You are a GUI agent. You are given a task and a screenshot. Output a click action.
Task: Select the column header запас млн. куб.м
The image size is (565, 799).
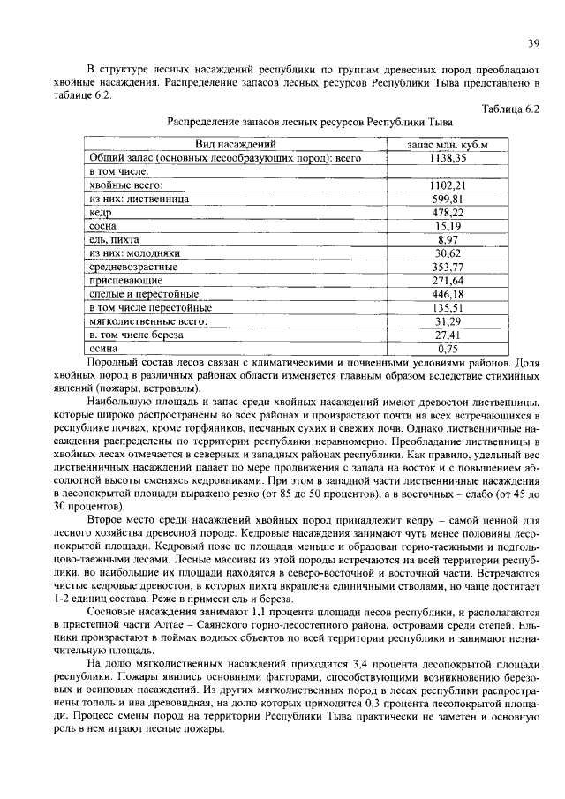click(448, 144)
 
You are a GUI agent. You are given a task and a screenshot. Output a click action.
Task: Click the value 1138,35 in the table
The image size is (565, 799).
click(448, 157)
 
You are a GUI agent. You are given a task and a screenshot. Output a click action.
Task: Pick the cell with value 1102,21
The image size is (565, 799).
click(448, 185)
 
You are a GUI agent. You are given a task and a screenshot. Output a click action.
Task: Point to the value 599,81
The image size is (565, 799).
click(448, 199)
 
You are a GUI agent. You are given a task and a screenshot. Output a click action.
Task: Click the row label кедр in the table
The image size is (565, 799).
click(100, 213)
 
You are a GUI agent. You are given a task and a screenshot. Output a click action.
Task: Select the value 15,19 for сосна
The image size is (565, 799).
click(448, 226)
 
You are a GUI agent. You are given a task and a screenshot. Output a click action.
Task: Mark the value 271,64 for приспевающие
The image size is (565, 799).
click(448, 280)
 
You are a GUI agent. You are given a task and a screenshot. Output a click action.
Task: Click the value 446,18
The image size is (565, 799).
click(448, 293)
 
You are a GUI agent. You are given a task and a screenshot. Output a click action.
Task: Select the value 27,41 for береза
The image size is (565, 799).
click(448, 335)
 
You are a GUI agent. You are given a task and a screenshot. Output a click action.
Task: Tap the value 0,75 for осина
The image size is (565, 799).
click(448, 349)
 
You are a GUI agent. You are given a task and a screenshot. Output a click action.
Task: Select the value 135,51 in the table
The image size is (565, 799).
click(448, 307)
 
